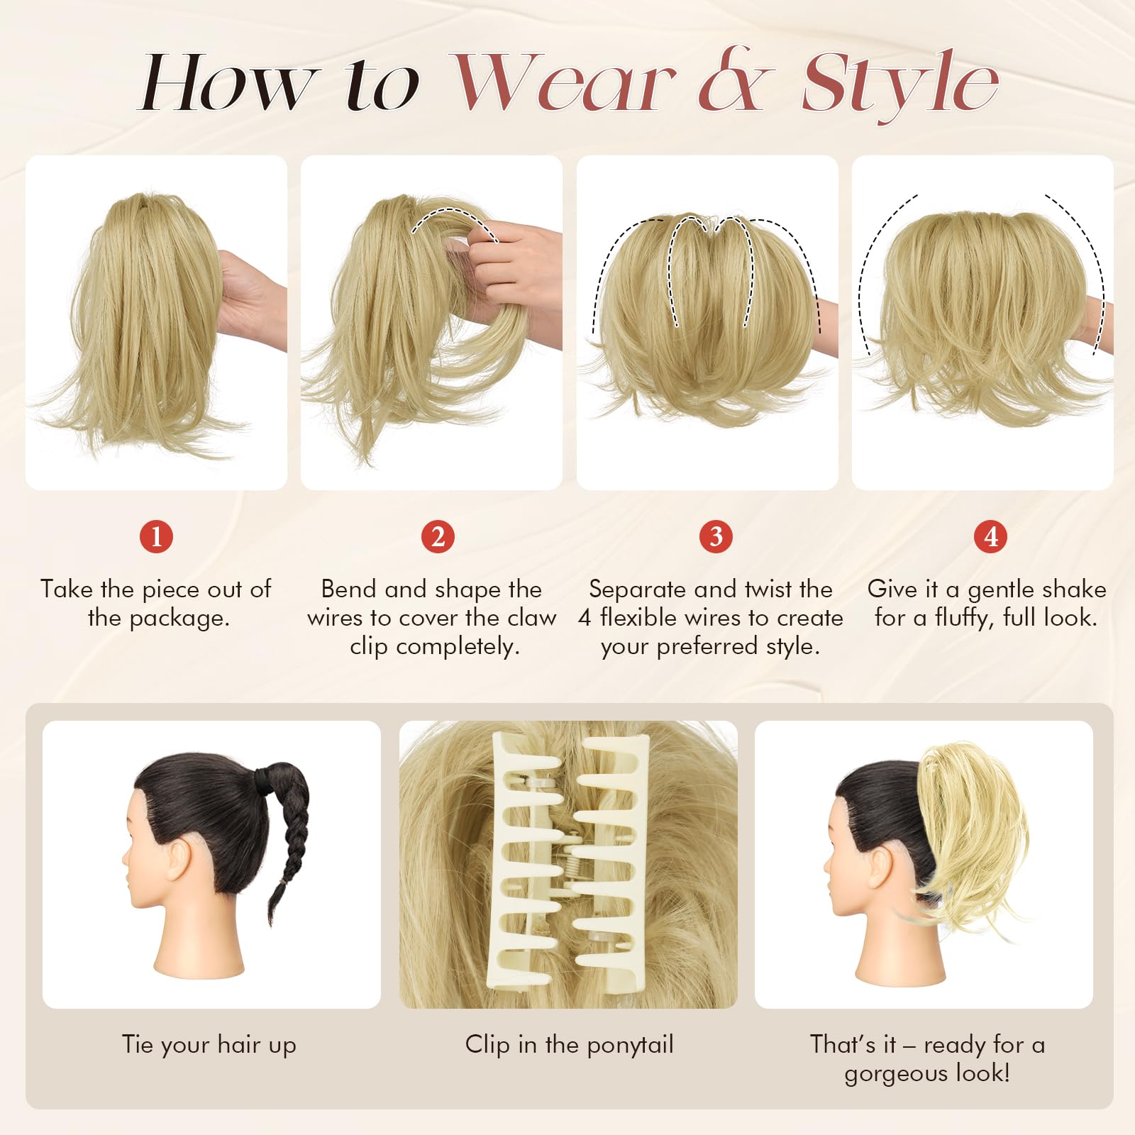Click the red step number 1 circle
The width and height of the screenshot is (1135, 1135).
click(157, 536)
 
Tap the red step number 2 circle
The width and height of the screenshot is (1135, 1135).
click(438, 536)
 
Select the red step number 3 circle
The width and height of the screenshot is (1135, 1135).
click(716, 536)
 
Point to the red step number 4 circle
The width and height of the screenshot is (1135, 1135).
click(991, 536)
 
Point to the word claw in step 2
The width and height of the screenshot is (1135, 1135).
click(532, 618)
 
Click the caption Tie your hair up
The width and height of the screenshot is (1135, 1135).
click(209, 1045)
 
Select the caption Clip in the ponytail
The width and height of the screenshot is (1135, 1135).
click(569, 1045)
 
